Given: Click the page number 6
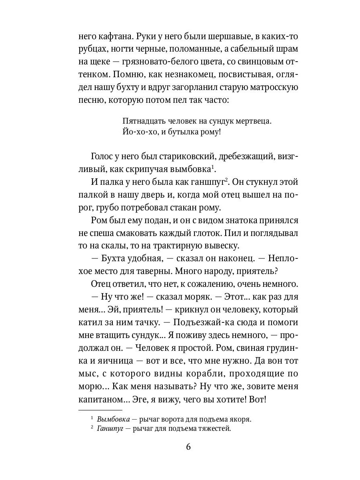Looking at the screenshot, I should click(188, 447).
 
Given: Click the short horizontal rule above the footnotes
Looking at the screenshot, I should click(100, 410).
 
